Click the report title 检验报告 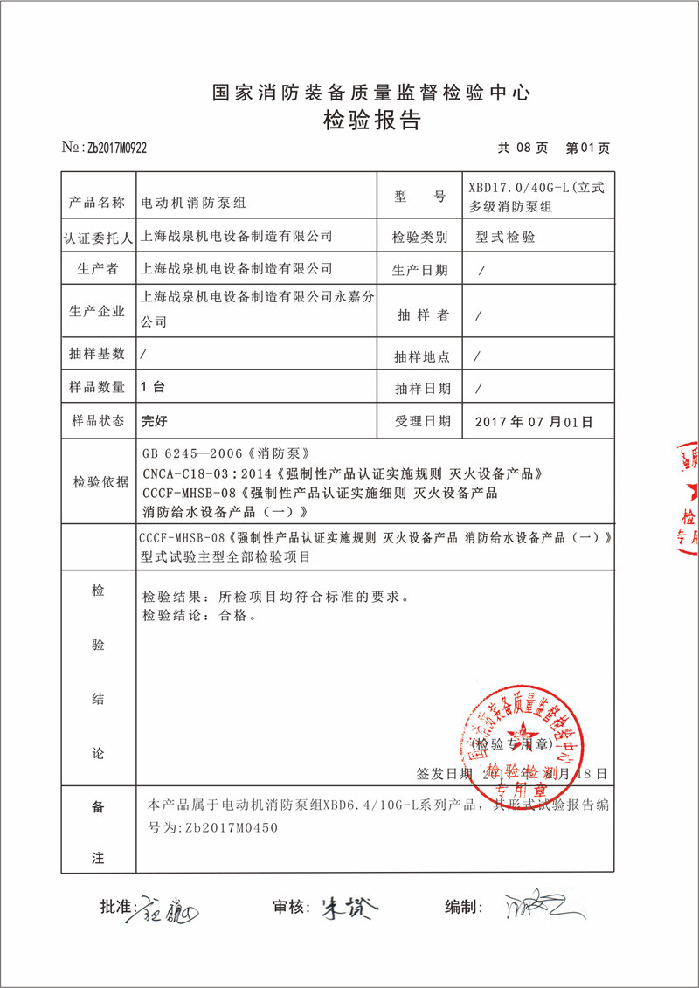371,121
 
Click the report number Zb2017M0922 116,148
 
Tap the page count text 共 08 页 523,148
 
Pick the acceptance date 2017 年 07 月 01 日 533,421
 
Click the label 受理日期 423,421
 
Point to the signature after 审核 349,909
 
